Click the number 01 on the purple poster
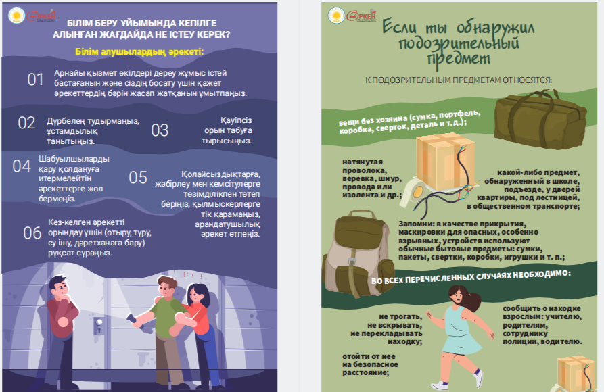pyautogui.click(x=35, y=80)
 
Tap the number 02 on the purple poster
pyautogui.click(x=26, y=123)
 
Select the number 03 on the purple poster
pyautogui.click(x=160, y=130)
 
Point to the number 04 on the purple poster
pyautogui.click(x=22, y=166)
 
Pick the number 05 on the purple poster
pyautogui.click(x=138, y=178)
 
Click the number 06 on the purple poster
pyautogui.click(x=32, y=233)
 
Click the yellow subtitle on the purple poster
pyautogui.click(x=139, y=51)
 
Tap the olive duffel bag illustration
pyautogui.click(x=540, y=120)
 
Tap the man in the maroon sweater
pyautogui.click(x=62, y=327)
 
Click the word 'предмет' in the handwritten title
pyautogui.click(x=459, y=59)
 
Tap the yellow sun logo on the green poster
pyautogui.click(x=336, y=16)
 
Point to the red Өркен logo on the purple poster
pyautogui.click(x=42, y=16)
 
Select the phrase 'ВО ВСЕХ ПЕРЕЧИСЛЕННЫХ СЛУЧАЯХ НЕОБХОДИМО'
pyautogui.click(x=471, y=277)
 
